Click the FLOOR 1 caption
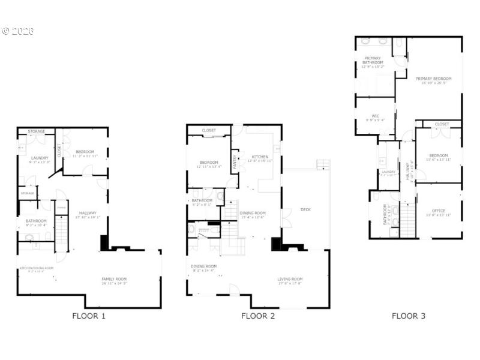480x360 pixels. point(89,316)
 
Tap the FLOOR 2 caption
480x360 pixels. point(258,316)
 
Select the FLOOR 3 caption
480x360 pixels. point(409,316)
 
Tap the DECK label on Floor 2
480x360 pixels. point(305,209)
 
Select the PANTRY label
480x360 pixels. point(235,161)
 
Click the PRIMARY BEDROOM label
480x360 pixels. point(433,79)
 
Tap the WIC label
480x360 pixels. point(375,116)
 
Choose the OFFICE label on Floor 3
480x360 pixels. point(439,211)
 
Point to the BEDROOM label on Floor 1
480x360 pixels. point(85,152)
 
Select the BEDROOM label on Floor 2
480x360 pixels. point(208,163)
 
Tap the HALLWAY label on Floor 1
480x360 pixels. point(88,214)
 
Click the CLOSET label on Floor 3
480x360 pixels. point(442,124)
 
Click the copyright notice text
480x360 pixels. point(17,31)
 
